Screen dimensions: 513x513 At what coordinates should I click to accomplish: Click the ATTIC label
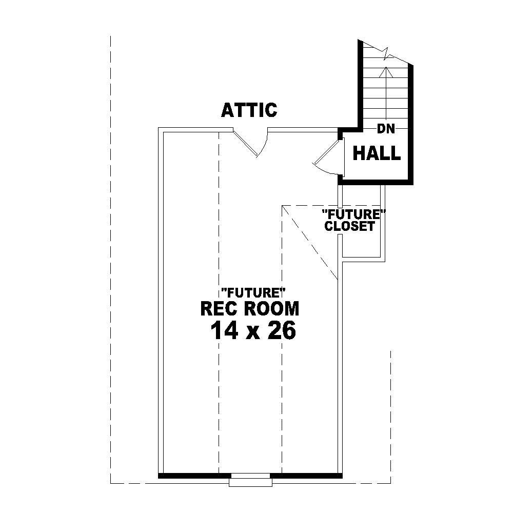[x=249, y=110]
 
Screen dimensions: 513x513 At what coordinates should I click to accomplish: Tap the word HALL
[x=377, y=153]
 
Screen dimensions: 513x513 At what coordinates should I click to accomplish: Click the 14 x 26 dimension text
[x=253, y=331]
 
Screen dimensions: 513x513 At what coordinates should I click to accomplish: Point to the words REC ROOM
[x=249, y=309]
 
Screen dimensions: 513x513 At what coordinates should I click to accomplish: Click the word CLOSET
[x=349, y=226]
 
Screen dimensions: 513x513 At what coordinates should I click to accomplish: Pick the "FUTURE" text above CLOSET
[x=353, y=213]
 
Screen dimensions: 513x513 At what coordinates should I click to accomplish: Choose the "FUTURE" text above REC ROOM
[x=253, y=293]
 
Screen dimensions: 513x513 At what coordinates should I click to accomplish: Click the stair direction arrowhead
[x=383, y=70]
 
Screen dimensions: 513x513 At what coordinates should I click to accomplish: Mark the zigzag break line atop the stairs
[x=387, y=52]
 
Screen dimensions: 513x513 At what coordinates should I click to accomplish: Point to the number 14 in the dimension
[x=224, y=331]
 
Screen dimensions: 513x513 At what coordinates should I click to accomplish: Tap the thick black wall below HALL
[x=377, y=181]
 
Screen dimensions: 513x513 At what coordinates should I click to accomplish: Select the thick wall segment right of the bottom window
[x=306, y=475]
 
